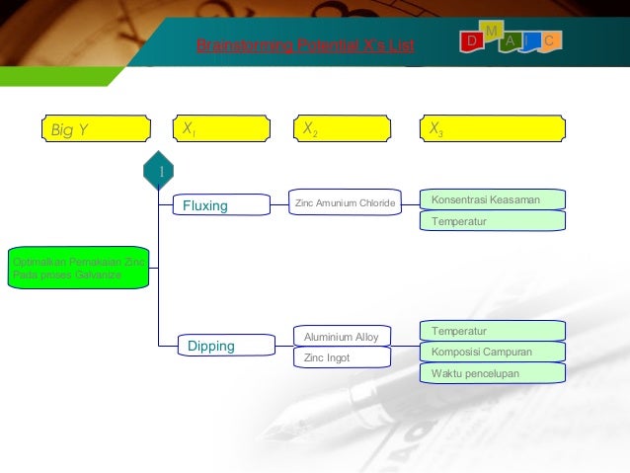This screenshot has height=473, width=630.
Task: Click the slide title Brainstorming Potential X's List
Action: (x=306, y=46)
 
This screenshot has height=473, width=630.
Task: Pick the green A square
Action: (x=510, y=40)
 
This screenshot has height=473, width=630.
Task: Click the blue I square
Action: (x=531, y=40)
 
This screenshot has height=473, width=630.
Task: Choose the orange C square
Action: (x=551, y=40)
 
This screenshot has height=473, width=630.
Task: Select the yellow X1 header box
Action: (x=219, y=129)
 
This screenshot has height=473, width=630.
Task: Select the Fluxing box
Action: (x=221, y=205)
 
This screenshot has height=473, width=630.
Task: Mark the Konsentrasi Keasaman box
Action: (x=493, y=199)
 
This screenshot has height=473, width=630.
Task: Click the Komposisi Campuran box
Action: (x=493, y=352)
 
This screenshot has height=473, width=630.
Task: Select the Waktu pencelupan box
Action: (x=493, y=373)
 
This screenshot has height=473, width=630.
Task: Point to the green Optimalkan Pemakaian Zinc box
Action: (x=78, y=268)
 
